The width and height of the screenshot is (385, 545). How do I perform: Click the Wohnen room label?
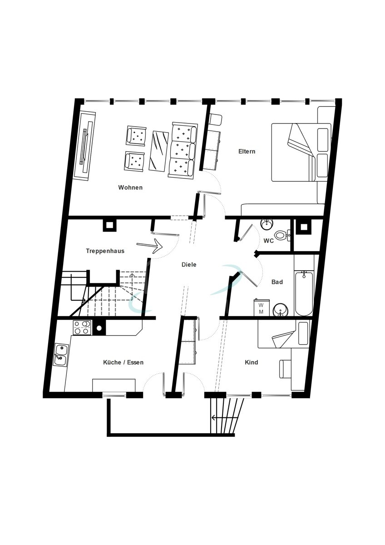pyautogui.click(x=130, y=188)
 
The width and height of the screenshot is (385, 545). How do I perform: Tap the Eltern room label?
pyautogui.click(x=247, y=151)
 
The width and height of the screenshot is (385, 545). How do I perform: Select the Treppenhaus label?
pyautogui.click(x=105, y=251)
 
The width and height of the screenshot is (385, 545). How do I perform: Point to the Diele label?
pyautogui.click(x=189, y=264)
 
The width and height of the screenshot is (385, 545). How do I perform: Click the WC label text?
pyautogui.click(x=269, y=241)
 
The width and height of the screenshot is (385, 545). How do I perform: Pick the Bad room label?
pyautogui.click(x=277, y=282)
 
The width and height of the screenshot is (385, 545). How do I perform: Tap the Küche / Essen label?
pyautogui.click(x=123, y=362)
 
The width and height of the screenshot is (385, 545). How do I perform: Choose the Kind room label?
pyautogui.click(x=251, y=362)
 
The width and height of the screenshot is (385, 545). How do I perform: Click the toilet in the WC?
pyautogui.click(x=282, y=235)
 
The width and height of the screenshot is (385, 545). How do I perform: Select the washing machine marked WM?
pyautogui.click(x=262, y=308)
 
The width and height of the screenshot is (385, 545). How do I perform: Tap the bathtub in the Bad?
pyautogui.click(x=304, y=293)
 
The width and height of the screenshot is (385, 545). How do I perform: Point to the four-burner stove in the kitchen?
pyautogui.click(x=82, y=327)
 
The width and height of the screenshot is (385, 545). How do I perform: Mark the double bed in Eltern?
pyautogui.click(x=301, y=152)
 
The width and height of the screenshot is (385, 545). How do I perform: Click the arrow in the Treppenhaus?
pyautogui.click(x=149, y=246)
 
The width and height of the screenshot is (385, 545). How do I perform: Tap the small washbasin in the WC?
pyautogui.click(x=267, y=224)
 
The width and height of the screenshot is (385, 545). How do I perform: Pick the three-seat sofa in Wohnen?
pyautogui.click(x=183, y=151)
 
